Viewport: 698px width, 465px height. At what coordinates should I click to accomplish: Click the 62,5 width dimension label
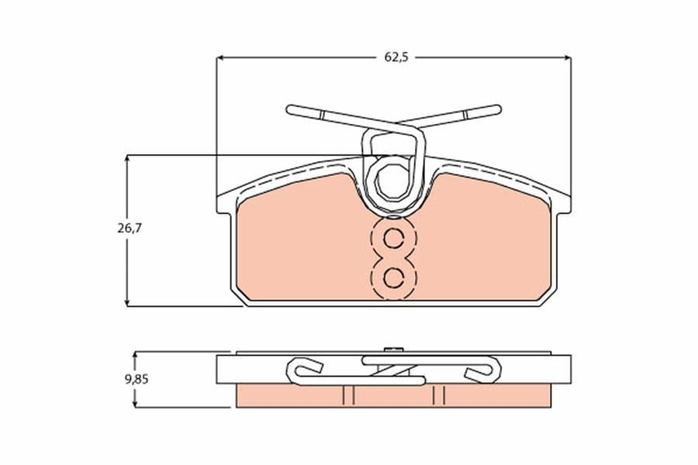click(396, 57)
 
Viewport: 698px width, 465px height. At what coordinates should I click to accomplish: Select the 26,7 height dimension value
click(129, 229)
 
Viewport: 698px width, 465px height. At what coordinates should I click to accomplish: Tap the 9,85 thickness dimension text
click(136, 380)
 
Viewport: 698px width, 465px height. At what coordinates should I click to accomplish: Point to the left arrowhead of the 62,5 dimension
click(219, 57)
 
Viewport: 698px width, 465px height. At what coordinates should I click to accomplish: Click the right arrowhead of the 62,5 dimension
click(568, 57)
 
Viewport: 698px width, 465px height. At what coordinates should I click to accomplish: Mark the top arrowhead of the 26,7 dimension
click(128, 159)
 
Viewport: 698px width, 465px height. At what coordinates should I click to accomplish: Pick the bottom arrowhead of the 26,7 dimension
click(128, 302)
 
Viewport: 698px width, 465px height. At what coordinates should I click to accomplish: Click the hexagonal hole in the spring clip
click(392, 181)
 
